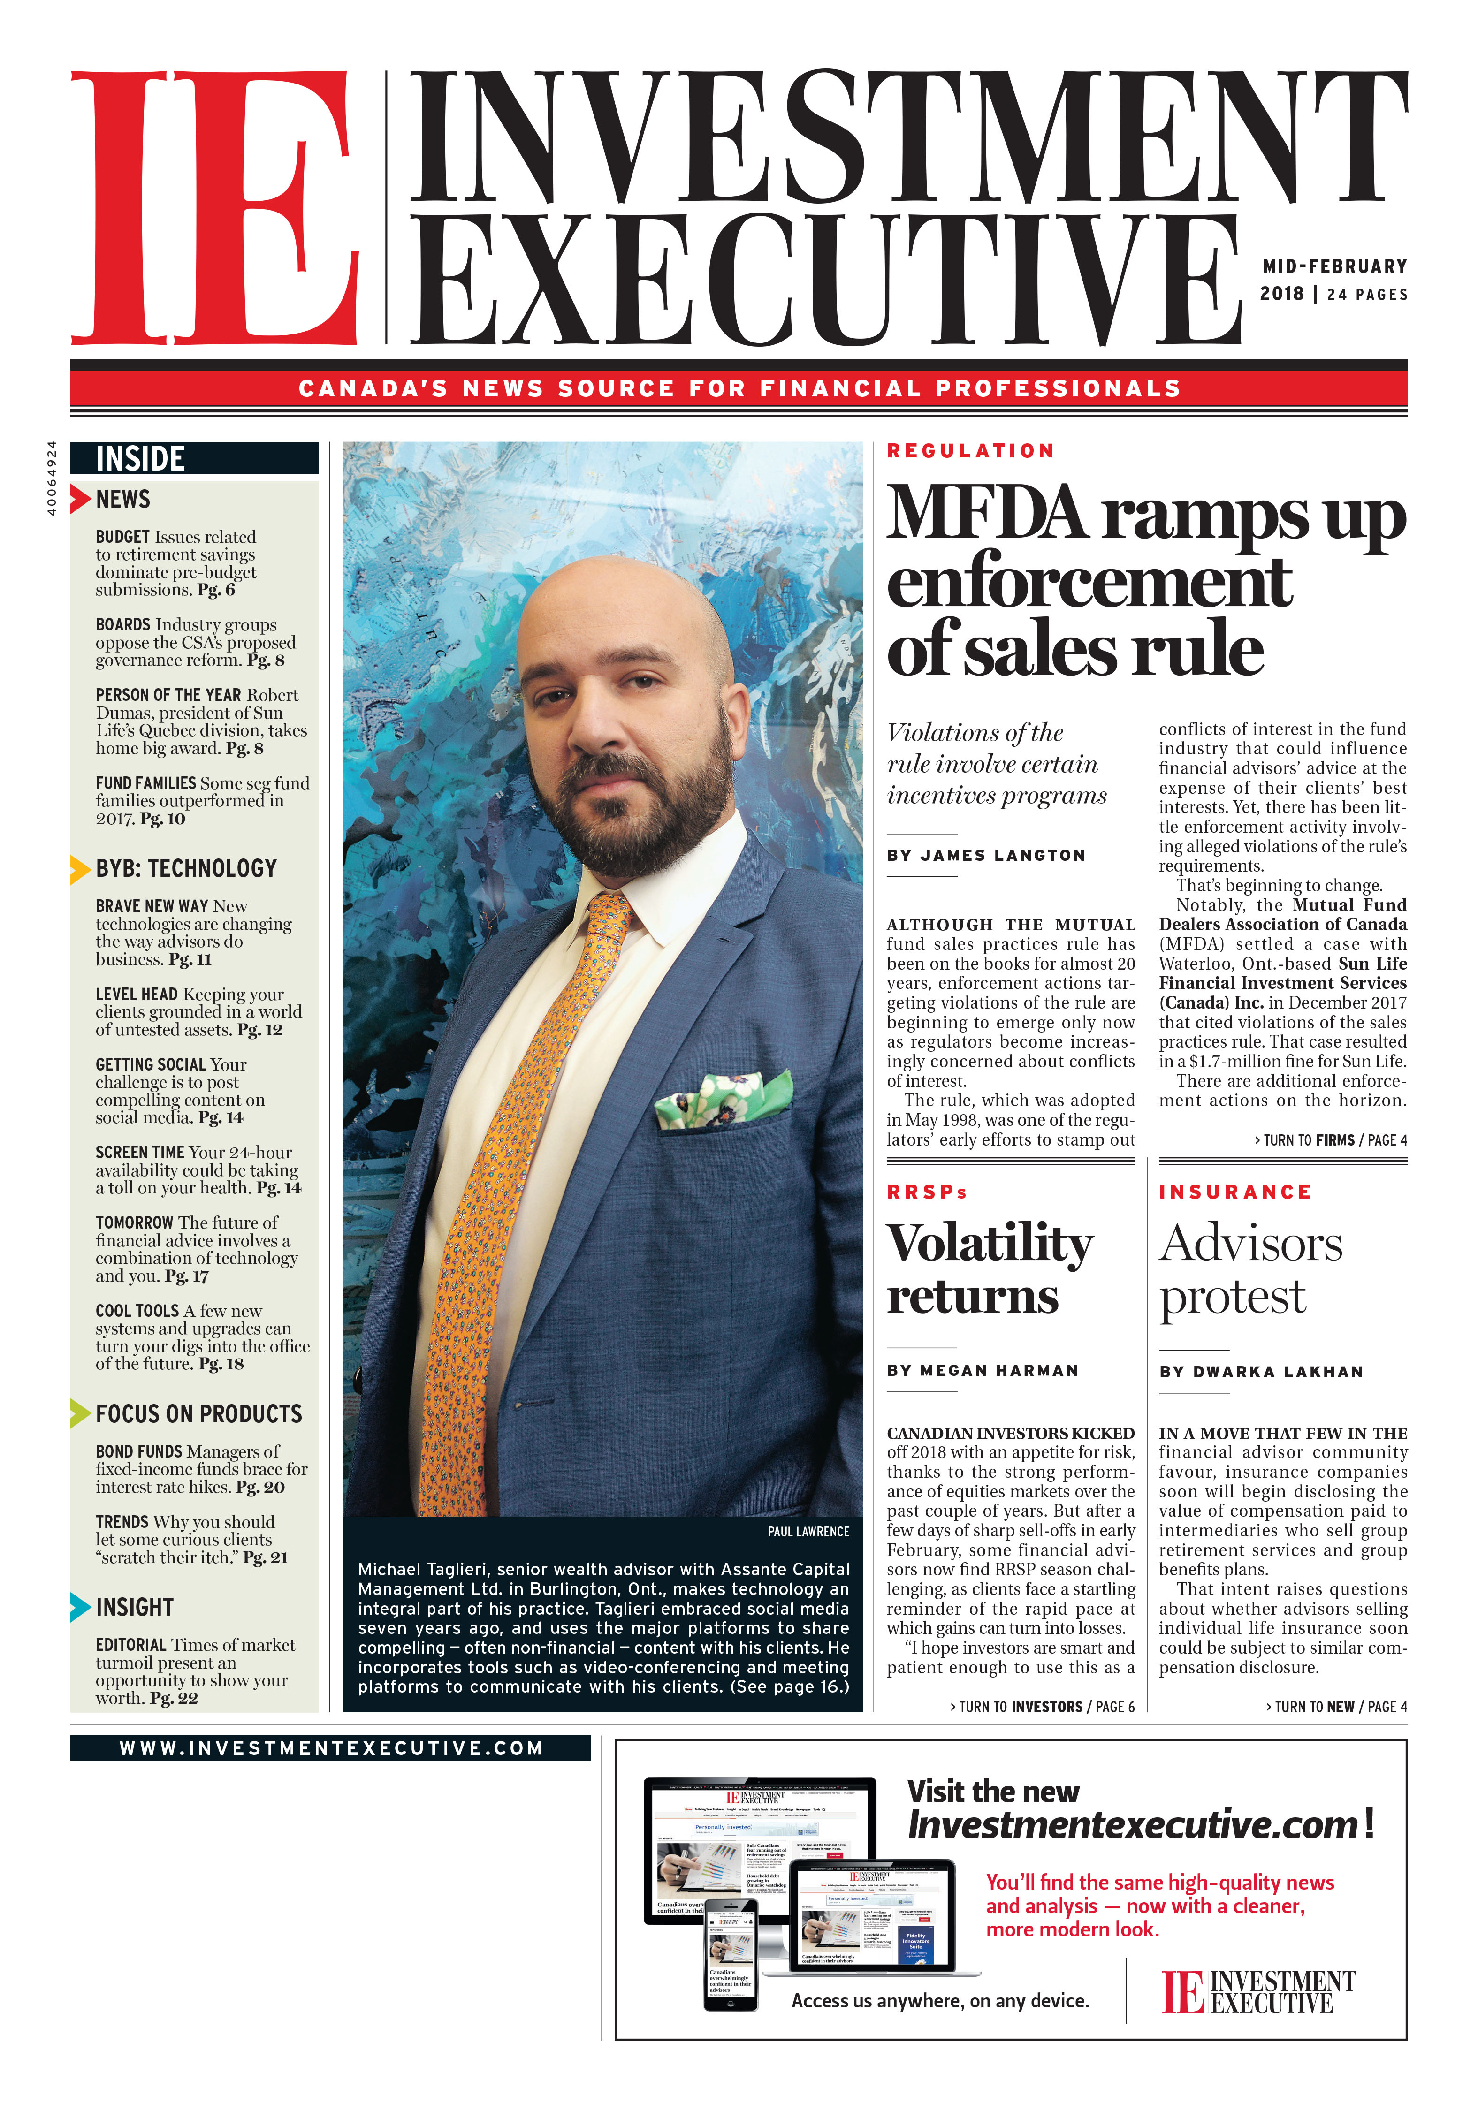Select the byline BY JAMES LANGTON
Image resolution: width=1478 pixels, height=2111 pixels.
[986, 855]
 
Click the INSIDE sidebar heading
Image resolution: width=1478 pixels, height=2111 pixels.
[141, 458]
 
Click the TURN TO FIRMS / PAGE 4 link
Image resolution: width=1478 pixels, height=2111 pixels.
[1330, 1140]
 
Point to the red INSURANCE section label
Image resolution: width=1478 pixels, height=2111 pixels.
[1234, 1192]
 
